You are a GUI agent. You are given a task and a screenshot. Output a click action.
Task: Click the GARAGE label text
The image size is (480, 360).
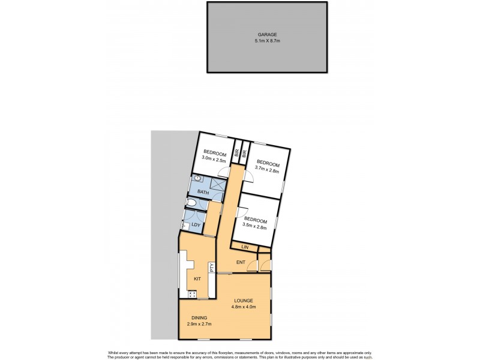tap(267, 35)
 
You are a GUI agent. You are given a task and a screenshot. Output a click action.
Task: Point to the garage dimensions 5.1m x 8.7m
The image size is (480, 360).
tap(267, 41)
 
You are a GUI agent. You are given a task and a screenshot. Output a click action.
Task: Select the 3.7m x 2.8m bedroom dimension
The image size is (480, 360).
tap(268, 170)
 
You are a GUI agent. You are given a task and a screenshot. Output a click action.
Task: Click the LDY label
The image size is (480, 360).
tap(196, 226)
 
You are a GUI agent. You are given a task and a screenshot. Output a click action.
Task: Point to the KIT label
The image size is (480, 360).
tap(197, 278)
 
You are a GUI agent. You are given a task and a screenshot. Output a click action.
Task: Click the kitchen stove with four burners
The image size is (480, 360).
tap(193, 294)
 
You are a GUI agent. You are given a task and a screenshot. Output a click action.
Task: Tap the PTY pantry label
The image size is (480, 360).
tap(211, 268)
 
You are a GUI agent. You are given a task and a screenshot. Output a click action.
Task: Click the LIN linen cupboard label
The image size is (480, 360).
tap(245, 247)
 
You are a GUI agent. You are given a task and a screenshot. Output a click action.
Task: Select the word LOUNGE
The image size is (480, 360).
tap(244, 301)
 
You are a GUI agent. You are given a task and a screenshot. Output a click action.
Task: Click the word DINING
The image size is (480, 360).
tap(199, 318)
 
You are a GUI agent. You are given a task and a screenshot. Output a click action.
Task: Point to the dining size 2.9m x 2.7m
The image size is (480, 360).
tap(199, 325)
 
